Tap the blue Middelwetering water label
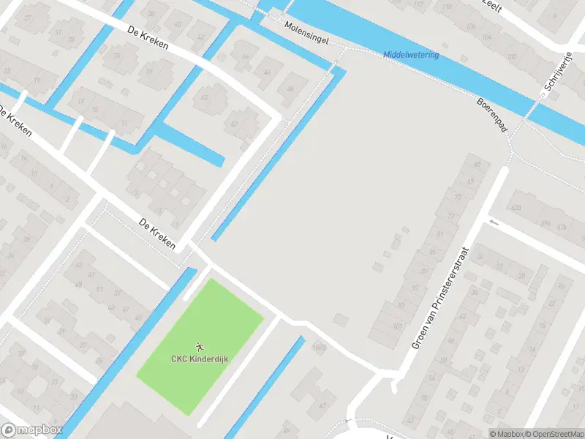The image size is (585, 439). pyautogui.click(x=412, y=56)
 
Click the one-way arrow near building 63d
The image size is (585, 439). pyautogui.click(x=495, y=221)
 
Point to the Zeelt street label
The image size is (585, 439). pyautogui.click(x=490, y=4)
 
